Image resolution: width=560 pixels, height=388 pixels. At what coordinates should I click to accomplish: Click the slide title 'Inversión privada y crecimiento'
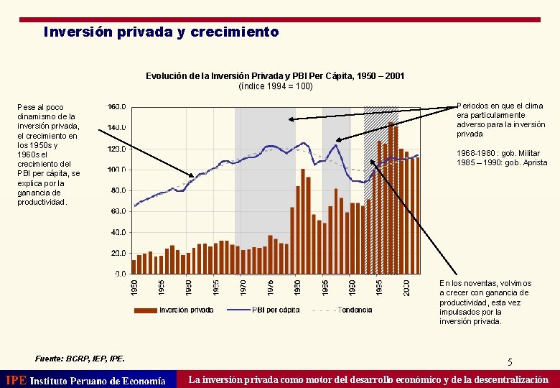click(x=161, y=32)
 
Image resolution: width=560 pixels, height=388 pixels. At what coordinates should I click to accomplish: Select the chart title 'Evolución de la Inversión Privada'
click(x=275, y=76)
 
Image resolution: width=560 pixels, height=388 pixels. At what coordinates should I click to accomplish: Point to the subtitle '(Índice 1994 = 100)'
click(x=275, y=86)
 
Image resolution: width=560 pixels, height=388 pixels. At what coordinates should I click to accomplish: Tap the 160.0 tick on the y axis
click(x=117, y=106)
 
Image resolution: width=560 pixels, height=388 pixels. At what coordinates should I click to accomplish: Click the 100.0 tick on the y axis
click(x=117, y=170)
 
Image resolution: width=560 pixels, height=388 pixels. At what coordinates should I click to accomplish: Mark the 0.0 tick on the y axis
click(x=121, y=274)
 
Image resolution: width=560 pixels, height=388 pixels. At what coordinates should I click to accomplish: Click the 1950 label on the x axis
click(x=134, y=287)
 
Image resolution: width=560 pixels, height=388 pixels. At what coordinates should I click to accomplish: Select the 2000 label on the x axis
click(x=406, y=287)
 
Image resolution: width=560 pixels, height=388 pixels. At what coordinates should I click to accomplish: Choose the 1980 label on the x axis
click(x=298, y=287)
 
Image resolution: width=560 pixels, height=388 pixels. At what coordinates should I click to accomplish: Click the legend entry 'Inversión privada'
click(x=186, y=310)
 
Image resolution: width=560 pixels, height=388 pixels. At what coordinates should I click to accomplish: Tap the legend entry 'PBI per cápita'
click(x=276, y=310)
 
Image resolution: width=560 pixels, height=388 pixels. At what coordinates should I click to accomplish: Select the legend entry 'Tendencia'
click(x=355, y=310)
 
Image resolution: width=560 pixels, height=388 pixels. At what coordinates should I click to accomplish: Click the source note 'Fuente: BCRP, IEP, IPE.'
click(x=80, y=358)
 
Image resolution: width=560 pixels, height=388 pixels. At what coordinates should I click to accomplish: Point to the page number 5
click(x=510, y=362)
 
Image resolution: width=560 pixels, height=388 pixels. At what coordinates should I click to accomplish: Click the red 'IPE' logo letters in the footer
click(x=16, y=380)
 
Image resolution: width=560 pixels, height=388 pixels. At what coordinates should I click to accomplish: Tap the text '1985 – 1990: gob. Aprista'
click(x=502, y=162)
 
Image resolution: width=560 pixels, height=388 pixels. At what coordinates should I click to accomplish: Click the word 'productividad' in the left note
click(x=41, y=202)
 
